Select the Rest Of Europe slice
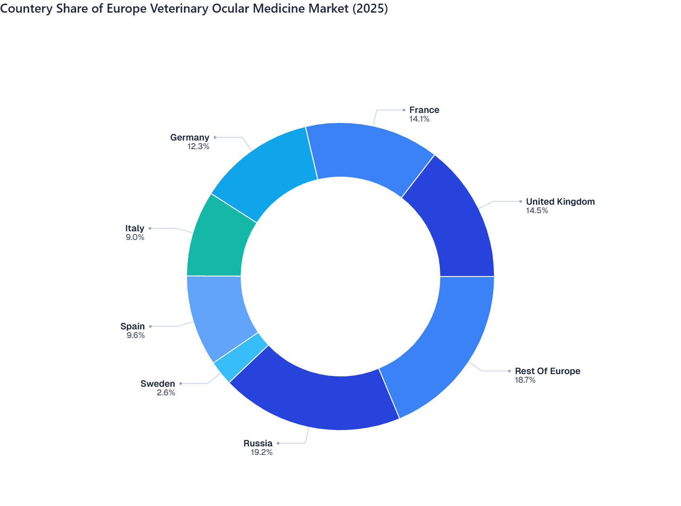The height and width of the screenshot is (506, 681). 445,348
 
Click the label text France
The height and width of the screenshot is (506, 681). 424,110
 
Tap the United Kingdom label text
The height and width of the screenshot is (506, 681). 560,201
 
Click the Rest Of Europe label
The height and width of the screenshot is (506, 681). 547,371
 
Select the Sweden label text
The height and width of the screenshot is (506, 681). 158,384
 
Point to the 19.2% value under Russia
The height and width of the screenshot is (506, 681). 261,452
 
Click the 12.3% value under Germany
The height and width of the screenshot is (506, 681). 198,146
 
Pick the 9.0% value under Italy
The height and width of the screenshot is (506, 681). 135,237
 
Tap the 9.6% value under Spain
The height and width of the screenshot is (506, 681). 135,335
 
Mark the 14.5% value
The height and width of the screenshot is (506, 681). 537,211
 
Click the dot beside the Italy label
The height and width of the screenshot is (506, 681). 150,228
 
